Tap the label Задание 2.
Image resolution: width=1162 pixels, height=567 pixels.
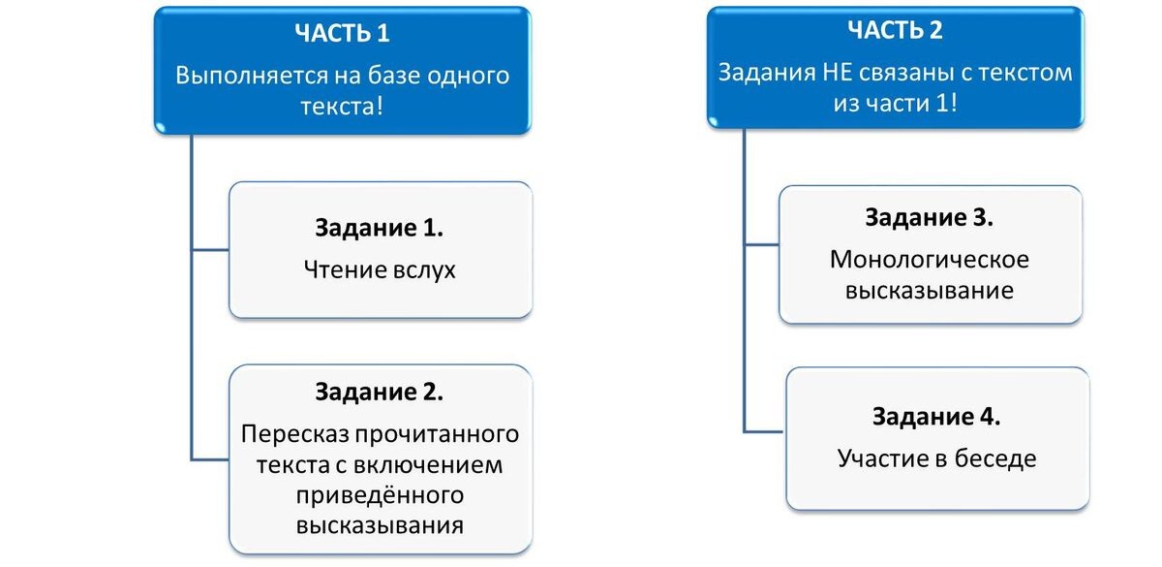[380, 392]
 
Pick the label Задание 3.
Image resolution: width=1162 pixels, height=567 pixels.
[930, 218]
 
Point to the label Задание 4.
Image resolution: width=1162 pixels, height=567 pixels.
[935, 417]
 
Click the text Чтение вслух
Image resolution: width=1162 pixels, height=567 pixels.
[380, 270]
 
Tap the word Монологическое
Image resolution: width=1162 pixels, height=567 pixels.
[930, 260]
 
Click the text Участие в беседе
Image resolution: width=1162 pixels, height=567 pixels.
[936, 458]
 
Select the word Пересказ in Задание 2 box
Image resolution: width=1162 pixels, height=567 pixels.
[289, 432]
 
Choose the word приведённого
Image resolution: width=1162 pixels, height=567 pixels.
[379, 495]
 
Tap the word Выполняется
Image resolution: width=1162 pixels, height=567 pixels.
[247, 75]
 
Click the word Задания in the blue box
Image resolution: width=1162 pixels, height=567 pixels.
[760, 73]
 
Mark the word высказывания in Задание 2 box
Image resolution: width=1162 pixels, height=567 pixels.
[380, 525]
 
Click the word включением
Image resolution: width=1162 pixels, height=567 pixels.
[444, 464]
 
